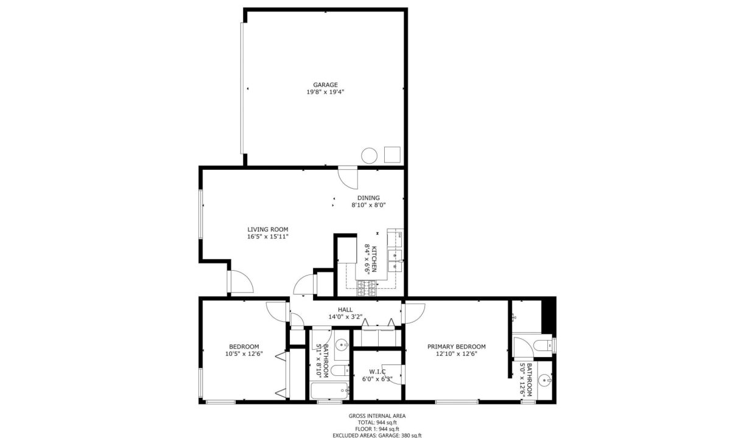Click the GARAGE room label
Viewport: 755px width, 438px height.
pos(325,85)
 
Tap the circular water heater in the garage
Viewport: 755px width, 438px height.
pos(369,156)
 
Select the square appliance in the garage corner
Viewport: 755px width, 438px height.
pos(392,155)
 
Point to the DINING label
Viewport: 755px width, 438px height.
pos(368,198)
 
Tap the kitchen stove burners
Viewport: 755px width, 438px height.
pos(367,288)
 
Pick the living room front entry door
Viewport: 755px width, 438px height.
pos(239,282)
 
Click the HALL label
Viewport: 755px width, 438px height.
pos(345,310)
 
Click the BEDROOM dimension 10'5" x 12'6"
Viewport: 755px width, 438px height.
pos(244,354)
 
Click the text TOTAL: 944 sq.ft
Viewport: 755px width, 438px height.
pos(377,422)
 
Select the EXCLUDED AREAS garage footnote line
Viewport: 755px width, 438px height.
pos(377,435)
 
